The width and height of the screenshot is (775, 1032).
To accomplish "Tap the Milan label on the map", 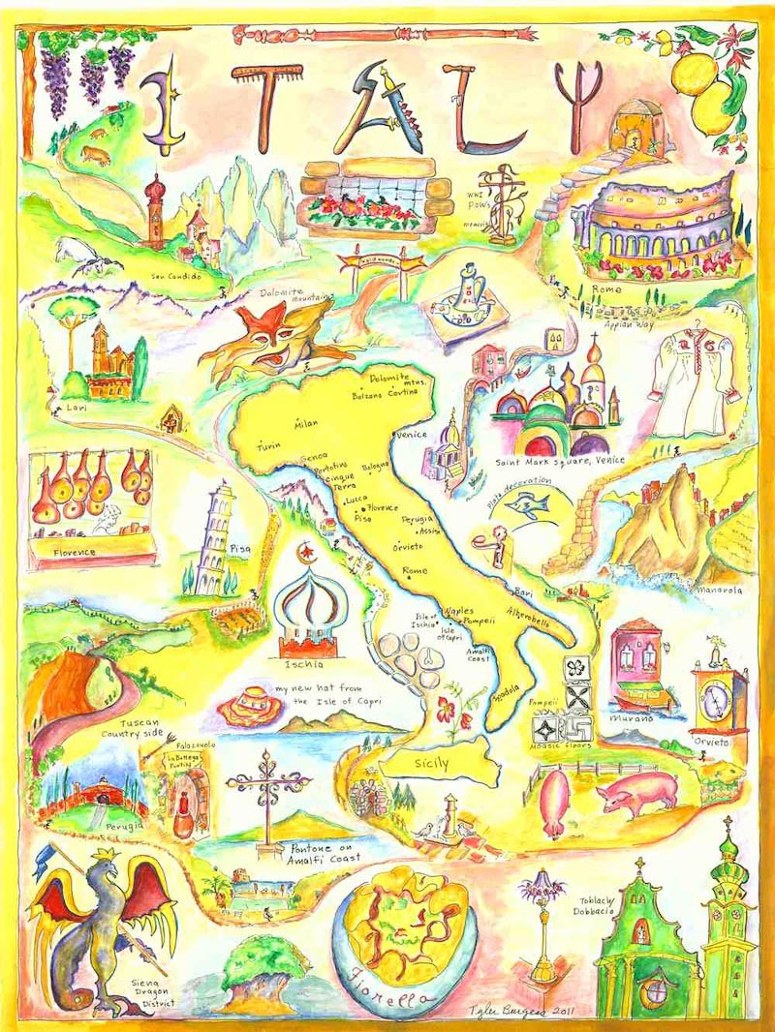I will (305, 424).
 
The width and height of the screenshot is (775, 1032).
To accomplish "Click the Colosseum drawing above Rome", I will (659, 228).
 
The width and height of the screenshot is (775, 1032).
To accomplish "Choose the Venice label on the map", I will (412, 436).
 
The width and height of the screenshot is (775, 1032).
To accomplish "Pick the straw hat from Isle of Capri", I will (248, 707).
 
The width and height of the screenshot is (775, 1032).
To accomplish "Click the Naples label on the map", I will (458, 611).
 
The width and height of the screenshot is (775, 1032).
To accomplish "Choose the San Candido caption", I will (174, 276).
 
